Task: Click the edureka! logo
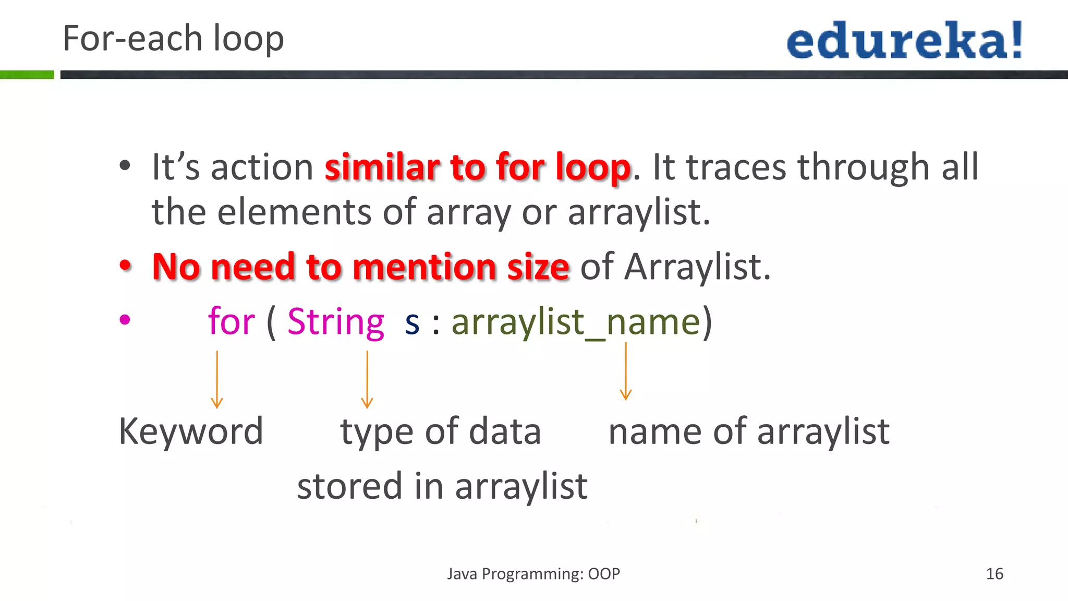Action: pyautogui.click(x=904, y=40)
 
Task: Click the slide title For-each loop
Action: pyautogui.click(x=173, y=39)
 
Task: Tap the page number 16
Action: pyautogui.click(x=994, y=574)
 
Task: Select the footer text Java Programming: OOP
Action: pyautogui.click(x=533, y=574)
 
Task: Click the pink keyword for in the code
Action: pyautogui.click(x=232, y=321)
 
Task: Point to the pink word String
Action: pyautogui.click(x=336, y=321)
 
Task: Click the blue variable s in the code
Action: pyautogui.click(x=412, y=323)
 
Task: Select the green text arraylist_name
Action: pyautogui.click(x=576, y=322)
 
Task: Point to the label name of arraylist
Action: pyautogui.click(x=749, y=432)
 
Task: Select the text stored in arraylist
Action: pyautogui.click(x=442, y=486)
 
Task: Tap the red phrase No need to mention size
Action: pyautogui.click(x=361, y=267)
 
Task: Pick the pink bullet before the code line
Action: pyautogui.click(x=125, y=319)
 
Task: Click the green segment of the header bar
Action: pyautogui.click(x=27, y=75)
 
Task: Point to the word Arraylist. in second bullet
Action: pyautogui.click(x=698, y=267)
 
